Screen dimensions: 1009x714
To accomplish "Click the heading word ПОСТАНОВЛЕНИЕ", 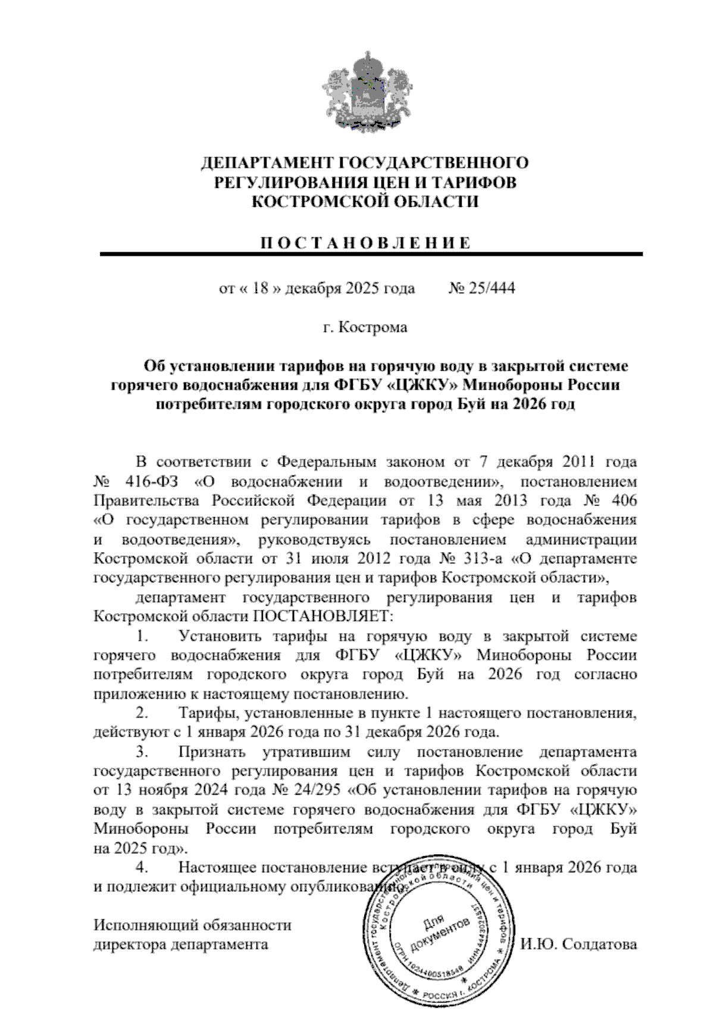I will (366, 243).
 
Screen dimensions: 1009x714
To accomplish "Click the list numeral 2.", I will (141, 713).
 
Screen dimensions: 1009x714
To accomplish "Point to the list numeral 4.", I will (141, 868).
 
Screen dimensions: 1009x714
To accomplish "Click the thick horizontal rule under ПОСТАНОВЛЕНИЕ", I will (371, 255).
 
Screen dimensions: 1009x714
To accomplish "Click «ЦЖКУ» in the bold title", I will (424, 386).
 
